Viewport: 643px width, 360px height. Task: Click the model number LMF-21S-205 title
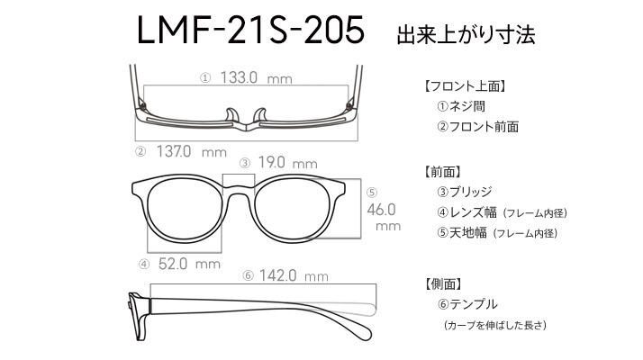250,30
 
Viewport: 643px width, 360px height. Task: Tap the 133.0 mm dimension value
257,77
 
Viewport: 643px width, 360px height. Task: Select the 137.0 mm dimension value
192,152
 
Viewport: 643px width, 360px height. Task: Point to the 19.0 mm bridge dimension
288,163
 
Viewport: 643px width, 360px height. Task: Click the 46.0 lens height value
381,210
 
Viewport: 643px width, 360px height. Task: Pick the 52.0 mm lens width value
189,264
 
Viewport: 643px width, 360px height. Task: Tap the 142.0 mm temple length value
294,275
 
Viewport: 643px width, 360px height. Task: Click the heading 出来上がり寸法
466,35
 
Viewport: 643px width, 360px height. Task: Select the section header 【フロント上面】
465,86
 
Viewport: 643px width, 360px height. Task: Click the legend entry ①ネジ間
461,106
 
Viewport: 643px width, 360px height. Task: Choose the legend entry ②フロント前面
477,127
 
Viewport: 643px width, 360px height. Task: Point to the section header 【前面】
442,172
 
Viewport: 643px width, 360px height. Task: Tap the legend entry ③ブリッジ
464,192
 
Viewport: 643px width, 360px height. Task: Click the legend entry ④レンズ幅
466,212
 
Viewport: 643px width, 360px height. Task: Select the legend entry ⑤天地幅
462,233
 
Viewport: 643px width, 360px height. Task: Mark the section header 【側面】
442,283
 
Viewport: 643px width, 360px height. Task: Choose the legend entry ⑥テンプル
467,304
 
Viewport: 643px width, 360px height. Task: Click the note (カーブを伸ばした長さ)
495,325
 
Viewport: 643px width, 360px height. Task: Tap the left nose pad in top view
232,115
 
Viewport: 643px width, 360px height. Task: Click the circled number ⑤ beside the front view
372,193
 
